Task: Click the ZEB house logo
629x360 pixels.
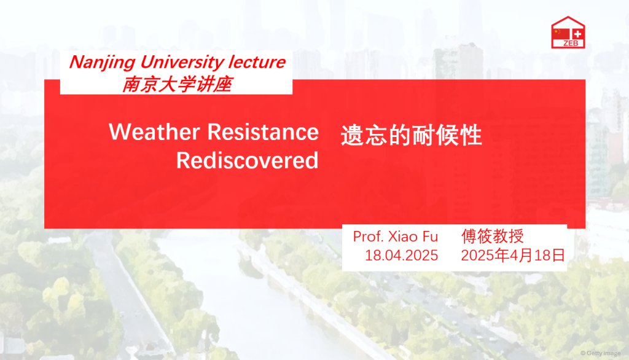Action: click(x=568, y=33)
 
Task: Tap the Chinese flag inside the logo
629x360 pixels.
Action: click(x=560, y=34)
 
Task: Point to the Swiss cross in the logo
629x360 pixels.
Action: click(x=577, y=34)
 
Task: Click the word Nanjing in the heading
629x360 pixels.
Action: click(x=103, y=63)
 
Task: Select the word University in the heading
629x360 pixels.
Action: click(x=182, y=63)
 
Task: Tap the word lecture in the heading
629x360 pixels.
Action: click(x=257, y=62)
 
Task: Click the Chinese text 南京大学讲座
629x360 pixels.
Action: click(x=177, y=84)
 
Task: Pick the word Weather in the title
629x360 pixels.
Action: click(x=154, y=131)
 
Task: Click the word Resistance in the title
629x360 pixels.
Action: click(x=263, y=131)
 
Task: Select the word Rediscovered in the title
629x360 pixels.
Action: click(x=247, y=160)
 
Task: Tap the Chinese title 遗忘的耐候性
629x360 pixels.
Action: click(x=411, y=135)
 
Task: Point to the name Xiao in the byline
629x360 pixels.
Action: click(x=403, y=237)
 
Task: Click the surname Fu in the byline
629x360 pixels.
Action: click(x=430, y=237)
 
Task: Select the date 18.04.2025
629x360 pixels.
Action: click(x=401, y=255)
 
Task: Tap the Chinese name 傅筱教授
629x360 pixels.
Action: click(x=493, y=236)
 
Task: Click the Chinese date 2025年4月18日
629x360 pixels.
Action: click(x=513, y=255)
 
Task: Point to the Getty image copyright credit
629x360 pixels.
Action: click(x=601, y=353)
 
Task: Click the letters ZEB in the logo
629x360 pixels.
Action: click(x=571, y=44)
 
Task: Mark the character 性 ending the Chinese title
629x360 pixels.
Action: click(x=471, y=135)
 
